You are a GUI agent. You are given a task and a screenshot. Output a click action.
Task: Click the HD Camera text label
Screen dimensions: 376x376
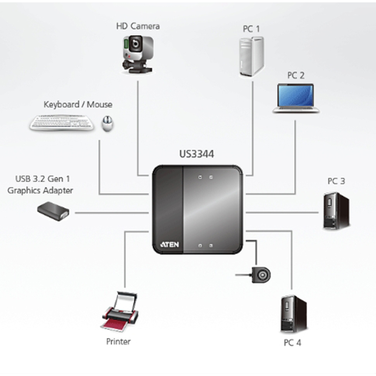click(138, 26)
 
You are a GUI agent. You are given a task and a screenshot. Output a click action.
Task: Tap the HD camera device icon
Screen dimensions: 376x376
click(136, 53)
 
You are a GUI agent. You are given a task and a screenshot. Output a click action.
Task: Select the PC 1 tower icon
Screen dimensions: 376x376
click(251, 56)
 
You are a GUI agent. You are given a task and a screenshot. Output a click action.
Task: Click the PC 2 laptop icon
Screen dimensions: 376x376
click(296, 98)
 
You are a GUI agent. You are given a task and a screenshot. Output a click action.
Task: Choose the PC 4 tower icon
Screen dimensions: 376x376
click(293, 314)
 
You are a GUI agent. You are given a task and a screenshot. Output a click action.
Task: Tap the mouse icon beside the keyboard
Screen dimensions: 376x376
click(108, 124)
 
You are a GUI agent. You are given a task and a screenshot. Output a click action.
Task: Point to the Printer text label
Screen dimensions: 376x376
click(118, 342)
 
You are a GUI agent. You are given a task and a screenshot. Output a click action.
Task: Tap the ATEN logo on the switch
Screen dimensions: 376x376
click(168, 245)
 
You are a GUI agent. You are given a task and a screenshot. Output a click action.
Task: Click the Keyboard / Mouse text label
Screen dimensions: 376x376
click(78, 104)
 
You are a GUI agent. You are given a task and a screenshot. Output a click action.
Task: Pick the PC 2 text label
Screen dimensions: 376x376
click(296, 75)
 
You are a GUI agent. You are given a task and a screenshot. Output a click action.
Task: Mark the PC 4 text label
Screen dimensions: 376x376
click(292, 342)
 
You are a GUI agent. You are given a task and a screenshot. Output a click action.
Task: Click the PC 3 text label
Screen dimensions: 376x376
click(336, 181)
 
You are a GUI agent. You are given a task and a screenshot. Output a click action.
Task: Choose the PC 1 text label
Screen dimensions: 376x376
click(251, 29)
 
